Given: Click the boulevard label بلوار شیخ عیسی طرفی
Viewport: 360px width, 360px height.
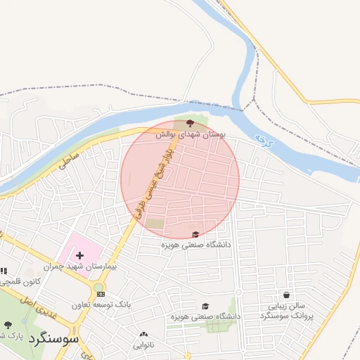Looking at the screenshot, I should [152, 184].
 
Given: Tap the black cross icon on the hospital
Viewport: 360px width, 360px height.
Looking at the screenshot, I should [79, 256].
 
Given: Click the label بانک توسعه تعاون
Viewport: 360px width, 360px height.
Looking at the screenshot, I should [101, 305].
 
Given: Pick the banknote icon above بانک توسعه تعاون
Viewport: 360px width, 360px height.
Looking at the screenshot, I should [101, 294].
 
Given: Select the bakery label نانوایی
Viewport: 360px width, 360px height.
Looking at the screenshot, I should [144, 345].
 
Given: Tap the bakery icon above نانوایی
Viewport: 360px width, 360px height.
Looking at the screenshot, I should [144, 335].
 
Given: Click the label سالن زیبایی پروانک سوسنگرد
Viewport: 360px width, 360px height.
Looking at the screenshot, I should [287, 311].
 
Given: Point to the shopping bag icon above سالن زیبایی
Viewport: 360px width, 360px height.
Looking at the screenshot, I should [287, 295].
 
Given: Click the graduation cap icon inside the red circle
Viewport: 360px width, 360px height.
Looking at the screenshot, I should [195, 234].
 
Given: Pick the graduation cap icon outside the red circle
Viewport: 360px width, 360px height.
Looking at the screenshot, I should [205, 306].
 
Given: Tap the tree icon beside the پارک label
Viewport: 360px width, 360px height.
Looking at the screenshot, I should [8, 325].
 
